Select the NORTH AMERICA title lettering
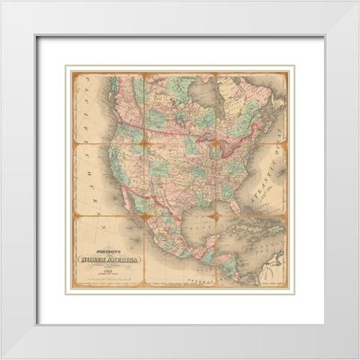(109, 260)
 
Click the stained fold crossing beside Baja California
(144, 216)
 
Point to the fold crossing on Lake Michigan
(217, 145)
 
